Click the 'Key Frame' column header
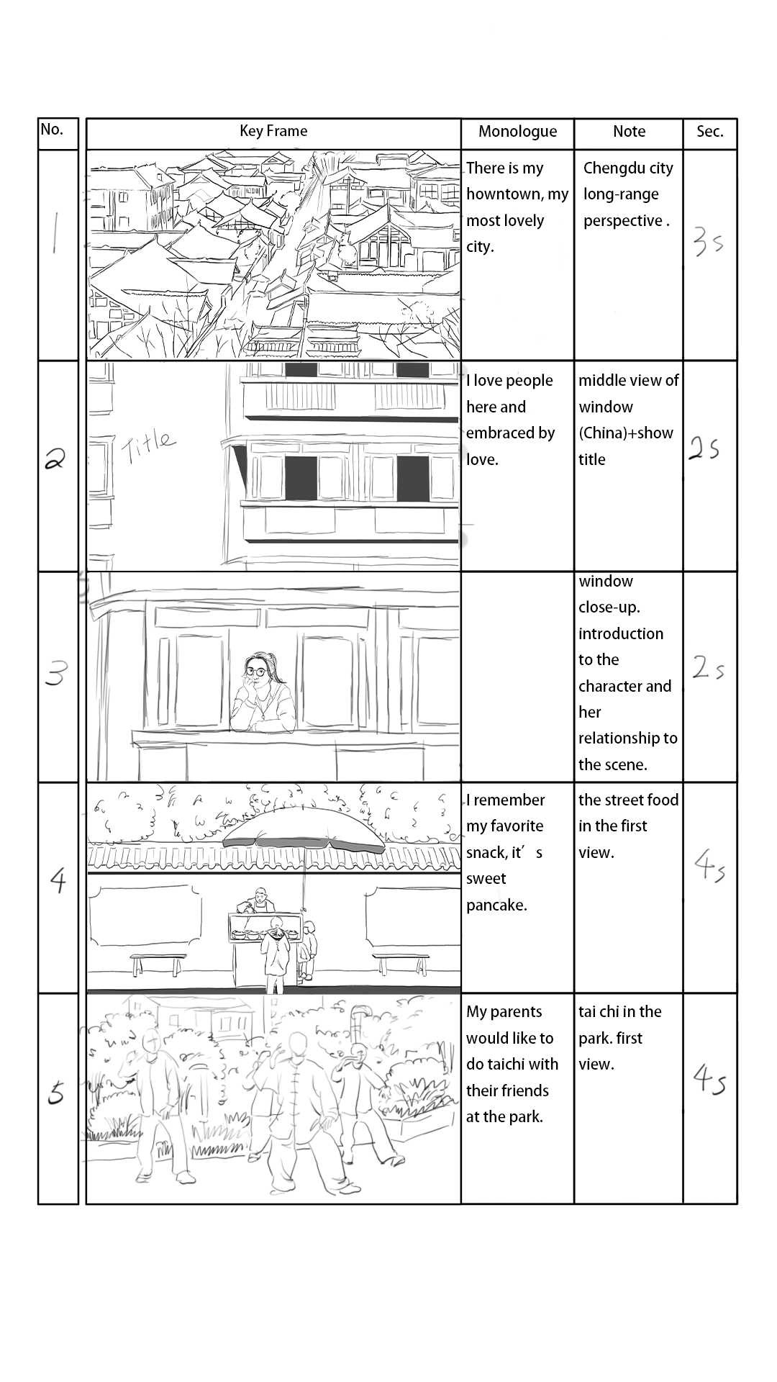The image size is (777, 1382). pyautogui.click(x=273, y=131)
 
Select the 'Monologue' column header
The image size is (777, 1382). pyautogui.click(x=517, y=132)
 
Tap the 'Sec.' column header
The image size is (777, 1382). pyautogui.click(x=709, y=132)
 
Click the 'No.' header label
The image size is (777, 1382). pyautogui.click(x=52, y=130)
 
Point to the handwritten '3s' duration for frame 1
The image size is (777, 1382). pyautogui.click(x=708, y=242)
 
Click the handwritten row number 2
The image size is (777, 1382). pyautogui.click(x=54, y=459)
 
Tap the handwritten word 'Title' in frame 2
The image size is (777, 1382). pyautogui.click(x=148, y=446)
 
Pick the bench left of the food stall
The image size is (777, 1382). pyautogui.click(x=158, y=962)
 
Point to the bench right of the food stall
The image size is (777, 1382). pyautogui.click(x=401, y=962)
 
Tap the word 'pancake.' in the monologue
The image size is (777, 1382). pyautogui.click(x=496, y=905)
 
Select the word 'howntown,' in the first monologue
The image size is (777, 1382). pyautogui.click(x=497, y=194)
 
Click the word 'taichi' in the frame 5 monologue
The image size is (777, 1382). pyautogui.click(x=508, y=1064)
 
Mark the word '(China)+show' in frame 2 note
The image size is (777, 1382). pyautogui.click(x=626, y=433)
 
